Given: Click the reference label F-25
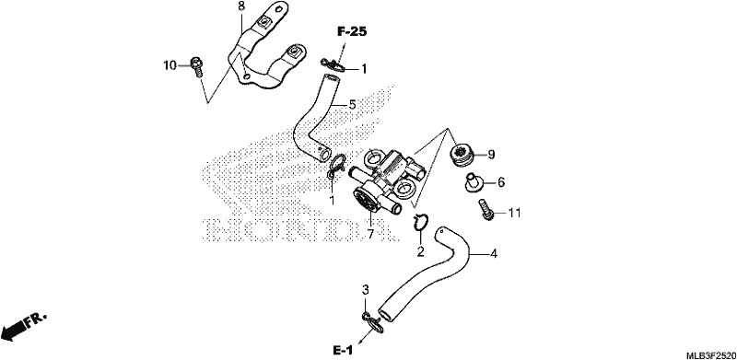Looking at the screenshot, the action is point(352,32).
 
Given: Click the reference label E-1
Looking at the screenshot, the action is point(343,351).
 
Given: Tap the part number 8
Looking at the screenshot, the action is point(241,6).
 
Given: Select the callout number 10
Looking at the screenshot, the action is point(170,64).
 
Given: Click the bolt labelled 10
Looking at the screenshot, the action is point(196,67).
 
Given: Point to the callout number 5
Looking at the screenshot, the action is point(352,105).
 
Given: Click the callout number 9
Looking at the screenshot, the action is point(491,154).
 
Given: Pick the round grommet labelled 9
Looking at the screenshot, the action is point(462,155).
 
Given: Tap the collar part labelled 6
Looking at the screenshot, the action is point(472,182).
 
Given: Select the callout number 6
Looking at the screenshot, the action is point(501,182).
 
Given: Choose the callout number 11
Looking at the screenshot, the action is point(515,213).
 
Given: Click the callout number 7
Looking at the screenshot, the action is point(370,234).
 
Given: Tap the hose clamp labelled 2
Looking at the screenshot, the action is point(420,221).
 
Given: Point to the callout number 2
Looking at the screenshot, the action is point(420,251).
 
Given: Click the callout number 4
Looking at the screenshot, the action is point(493,254).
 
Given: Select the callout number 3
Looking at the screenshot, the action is point(366,289).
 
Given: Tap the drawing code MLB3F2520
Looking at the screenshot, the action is point(710,354).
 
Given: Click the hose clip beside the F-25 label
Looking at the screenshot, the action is point(333,64).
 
